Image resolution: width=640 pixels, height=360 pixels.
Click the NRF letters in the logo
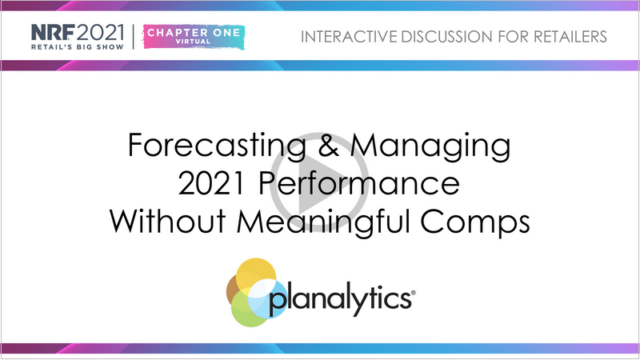click(53, 32)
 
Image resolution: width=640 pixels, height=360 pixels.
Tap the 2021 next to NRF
click(100, 32)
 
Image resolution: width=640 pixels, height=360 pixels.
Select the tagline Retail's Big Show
click(78, 47)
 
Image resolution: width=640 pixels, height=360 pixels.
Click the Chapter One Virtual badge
click(194, 37)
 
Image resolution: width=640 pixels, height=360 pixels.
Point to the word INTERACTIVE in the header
click(349, 37)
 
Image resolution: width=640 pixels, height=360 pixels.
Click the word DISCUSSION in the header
click(447, 37)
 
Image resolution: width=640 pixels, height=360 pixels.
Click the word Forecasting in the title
click(217, 146)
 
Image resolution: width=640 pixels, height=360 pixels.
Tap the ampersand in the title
click(329, 145)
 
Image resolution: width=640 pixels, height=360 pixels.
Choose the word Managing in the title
click(430, 146)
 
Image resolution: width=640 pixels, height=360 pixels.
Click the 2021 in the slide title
click(210, 183)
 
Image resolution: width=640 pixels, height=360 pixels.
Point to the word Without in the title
click(168, 221)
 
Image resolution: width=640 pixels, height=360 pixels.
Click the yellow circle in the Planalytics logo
click(256, 274)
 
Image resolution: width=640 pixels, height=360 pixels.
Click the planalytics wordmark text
click(340, 299)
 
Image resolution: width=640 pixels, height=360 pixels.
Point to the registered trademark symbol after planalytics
click(414, 293)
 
